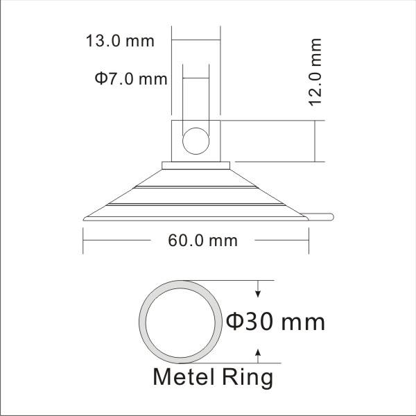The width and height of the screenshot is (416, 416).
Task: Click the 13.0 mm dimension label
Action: (x=120, y=41)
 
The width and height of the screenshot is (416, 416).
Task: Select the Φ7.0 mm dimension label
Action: (x=131, y=78)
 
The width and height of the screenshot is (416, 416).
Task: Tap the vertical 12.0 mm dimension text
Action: (x=315, y=72)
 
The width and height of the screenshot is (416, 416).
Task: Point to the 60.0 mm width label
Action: (x=202, y=241)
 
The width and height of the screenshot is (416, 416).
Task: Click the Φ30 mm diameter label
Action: (x=275, y=322)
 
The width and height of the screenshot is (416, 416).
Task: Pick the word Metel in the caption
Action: (x=184, y=376)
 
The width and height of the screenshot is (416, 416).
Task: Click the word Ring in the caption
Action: (x=248, y=378)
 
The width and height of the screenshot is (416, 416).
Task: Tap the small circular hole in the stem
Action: (x=196, y=141)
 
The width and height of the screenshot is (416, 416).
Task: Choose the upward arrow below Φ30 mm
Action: (x=258, y=356)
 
